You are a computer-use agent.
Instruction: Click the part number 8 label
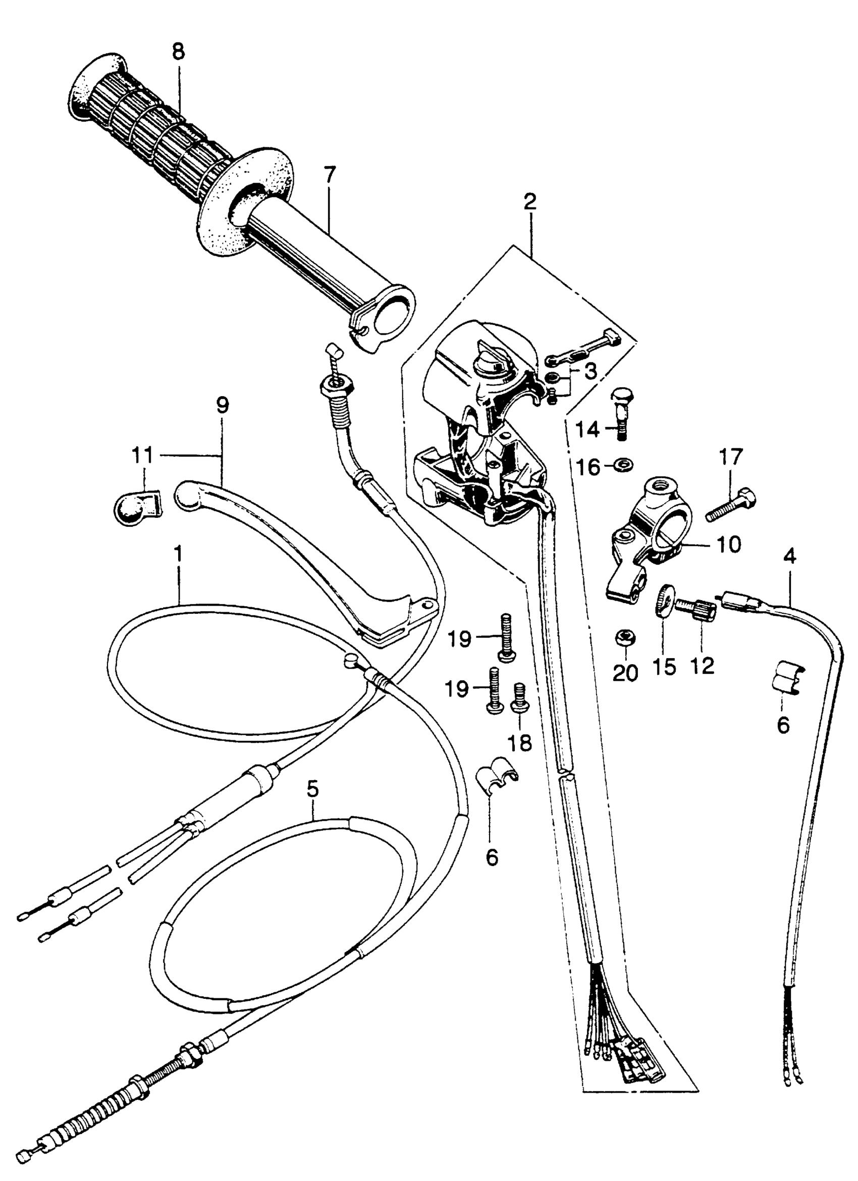[x=178, y=52]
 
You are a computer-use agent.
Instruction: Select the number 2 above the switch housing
[x=530, y=201]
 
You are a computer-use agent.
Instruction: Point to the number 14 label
[x=587, y=431]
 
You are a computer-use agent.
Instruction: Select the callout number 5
[x=312, y=789]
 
